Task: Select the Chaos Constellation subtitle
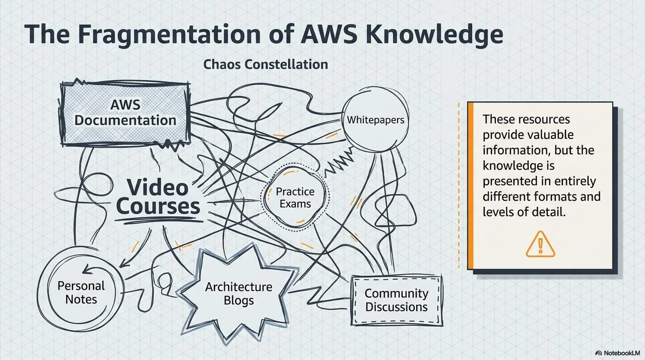coord(266,64)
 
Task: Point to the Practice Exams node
coord(295,197)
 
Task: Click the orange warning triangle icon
coord(540,244)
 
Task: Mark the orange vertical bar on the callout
coord(471,186)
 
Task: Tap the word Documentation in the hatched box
coord(125,121)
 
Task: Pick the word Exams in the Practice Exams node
coord(295,204)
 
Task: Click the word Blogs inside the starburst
coord(239,301)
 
